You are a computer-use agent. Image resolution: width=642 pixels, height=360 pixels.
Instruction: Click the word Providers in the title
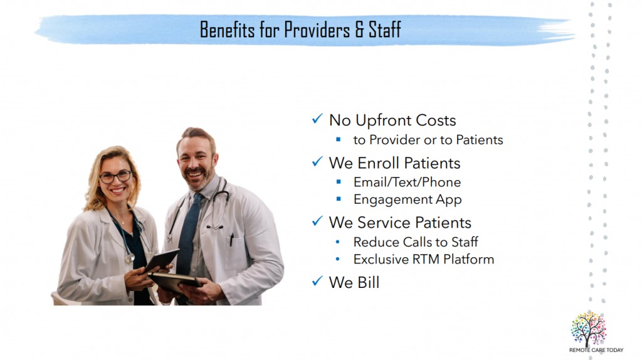tap(317, 29)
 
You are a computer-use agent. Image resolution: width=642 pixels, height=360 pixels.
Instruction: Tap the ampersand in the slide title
tap(359, 29)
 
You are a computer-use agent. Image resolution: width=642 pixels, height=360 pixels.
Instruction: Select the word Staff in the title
tap(384, 29)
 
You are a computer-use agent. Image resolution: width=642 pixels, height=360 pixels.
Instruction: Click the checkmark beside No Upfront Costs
tap(317, 119)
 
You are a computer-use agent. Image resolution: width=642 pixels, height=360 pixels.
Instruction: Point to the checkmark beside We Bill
tap(317, 281)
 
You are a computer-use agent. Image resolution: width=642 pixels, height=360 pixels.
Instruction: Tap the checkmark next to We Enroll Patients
tap(317, 162)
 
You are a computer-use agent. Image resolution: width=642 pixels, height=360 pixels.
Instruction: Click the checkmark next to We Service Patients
tap(317, 221)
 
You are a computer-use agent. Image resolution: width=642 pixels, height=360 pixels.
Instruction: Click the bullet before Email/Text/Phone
tap(339, 182)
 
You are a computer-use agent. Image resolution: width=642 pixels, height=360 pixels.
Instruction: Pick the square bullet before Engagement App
tap(339, 199)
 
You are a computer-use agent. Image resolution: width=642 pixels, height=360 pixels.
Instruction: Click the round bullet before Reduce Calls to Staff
tap(337, 242)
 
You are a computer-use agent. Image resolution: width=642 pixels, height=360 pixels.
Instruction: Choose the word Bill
tap(369, 283)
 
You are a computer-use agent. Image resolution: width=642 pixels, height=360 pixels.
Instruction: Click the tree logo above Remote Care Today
tap(589, 329)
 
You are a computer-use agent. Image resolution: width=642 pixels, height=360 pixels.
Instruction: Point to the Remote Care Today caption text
tap(596, 350)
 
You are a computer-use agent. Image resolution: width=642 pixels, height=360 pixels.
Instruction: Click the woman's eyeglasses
tap(116, 176)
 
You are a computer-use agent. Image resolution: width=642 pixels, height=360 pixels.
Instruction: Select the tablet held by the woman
tap(161, 260)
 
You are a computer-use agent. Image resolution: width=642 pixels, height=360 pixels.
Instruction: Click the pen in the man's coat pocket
tap(232, 240)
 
